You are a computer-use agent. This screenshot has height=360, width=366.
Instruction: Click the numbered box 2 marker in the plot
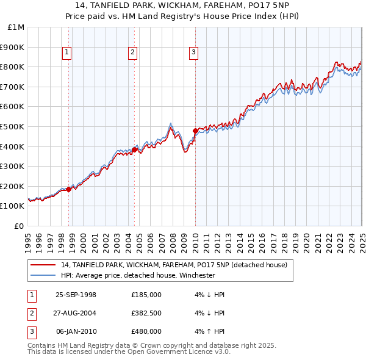pyautogui.click(x=132, y=52)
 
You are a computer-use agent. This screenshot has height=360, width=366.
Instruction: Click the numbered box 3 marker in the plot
pyautogui.click(x=193, y=52)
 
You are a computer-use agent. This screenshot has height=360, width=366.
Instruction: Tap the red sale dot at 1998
pyautogui.click(x=69, y=189)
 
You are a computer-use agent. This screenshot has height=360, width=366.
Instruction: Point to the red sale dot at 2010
pyautogui.click(x=195, y=131)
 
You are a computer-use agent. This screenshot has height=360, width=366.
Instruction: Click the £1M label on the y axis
pyautogui.click(x=16, y=27)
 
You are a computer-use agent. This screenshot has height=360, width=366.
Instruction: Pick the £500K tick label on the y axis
pyautogui.click(x=13, y=127)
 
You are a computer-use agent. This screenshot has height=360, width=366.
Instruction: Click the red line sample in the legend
pyautogui.click(x=43, y=265)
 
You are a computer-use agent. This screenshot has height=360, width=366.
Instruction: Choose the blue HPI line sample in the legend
pyautogui.click(x=43, y=275)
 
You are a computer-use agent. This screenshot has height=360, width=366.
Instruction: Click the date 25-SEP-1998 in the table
pyautogui.click(x=76, y=295)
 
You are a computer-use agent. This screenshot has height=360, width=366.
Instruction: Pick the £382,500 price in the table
pyautogui.click(x=146, y=313)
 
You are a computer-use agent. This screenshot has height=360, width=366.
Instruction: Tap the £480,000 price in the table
pyautogui.click(x=146, y=331)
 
